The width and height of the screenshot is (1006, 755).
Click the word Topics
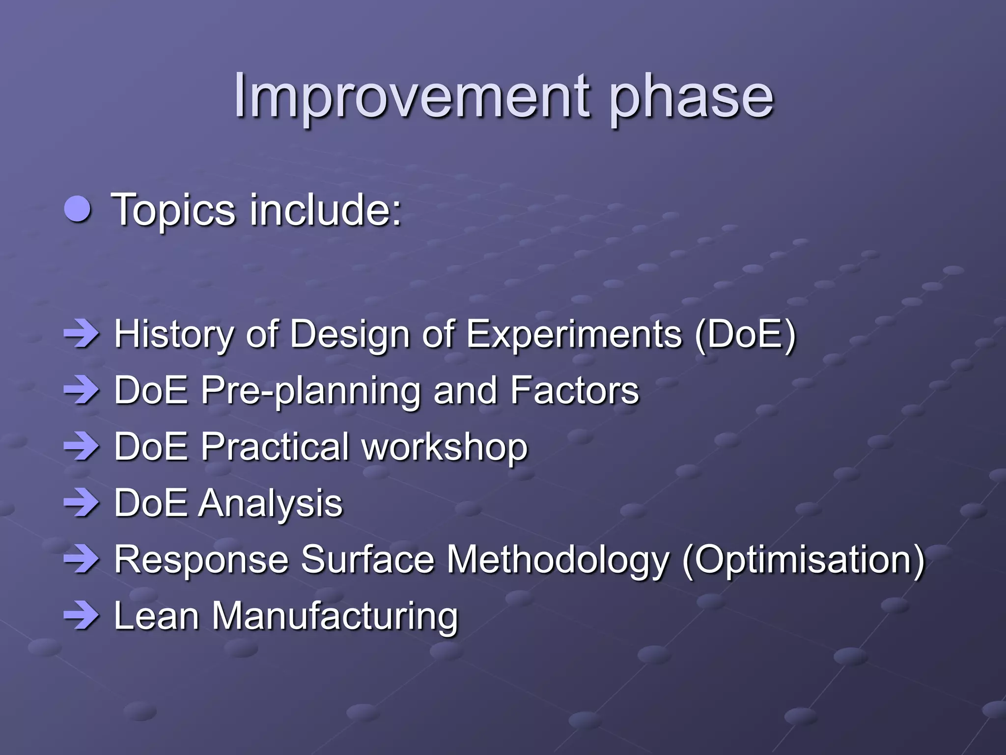coord(174,210)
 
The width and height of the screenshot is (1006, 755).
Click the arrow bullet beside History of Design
coord(81,334)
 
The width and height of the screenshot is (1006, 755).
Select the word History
coord(174,334)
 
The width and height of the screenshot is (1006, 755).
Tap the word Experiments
coord(574,334)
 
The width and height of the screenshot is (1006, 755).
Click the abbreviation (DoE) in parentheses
coord(745,334)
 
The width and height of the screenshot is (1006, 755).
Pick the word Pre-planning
coord(310,391)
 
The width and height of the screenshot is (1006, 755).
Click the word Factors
coord(574,391)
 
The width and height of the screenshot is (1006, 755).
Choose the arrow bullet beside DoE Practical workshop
coord(81,447)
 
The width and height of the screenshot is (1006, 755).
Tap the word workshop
coord(445,447)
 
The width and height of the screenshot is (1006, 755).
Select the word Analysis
coord(270,503)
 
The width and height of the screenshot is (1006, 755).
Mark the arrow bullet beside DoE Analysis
coord(81,503)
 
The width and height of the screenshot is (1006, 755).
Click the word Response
coord(201,560)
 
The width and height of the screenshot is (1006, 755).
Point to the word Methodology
coord(558,560)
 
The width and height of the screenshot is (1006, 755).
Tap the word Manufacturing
coord(335,616)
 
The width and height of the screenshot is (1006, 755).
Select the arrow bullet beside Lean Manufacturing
coord(81,616)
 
